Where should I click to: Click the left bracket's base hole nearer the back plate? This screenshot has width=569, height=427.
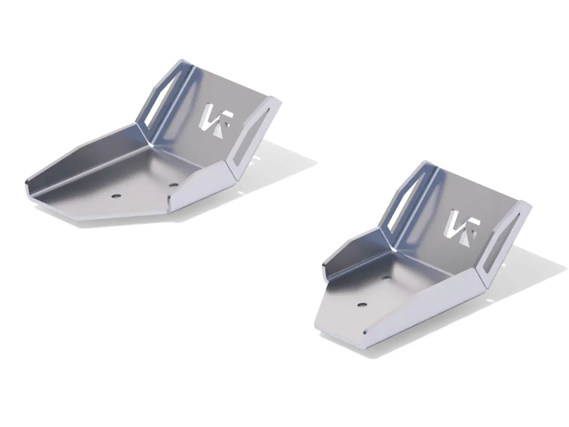173,185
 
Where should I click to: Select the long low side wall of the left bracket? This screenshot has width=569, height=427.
84,160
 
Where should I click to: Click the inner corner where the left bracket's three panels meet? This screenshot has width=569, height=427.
151,145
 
